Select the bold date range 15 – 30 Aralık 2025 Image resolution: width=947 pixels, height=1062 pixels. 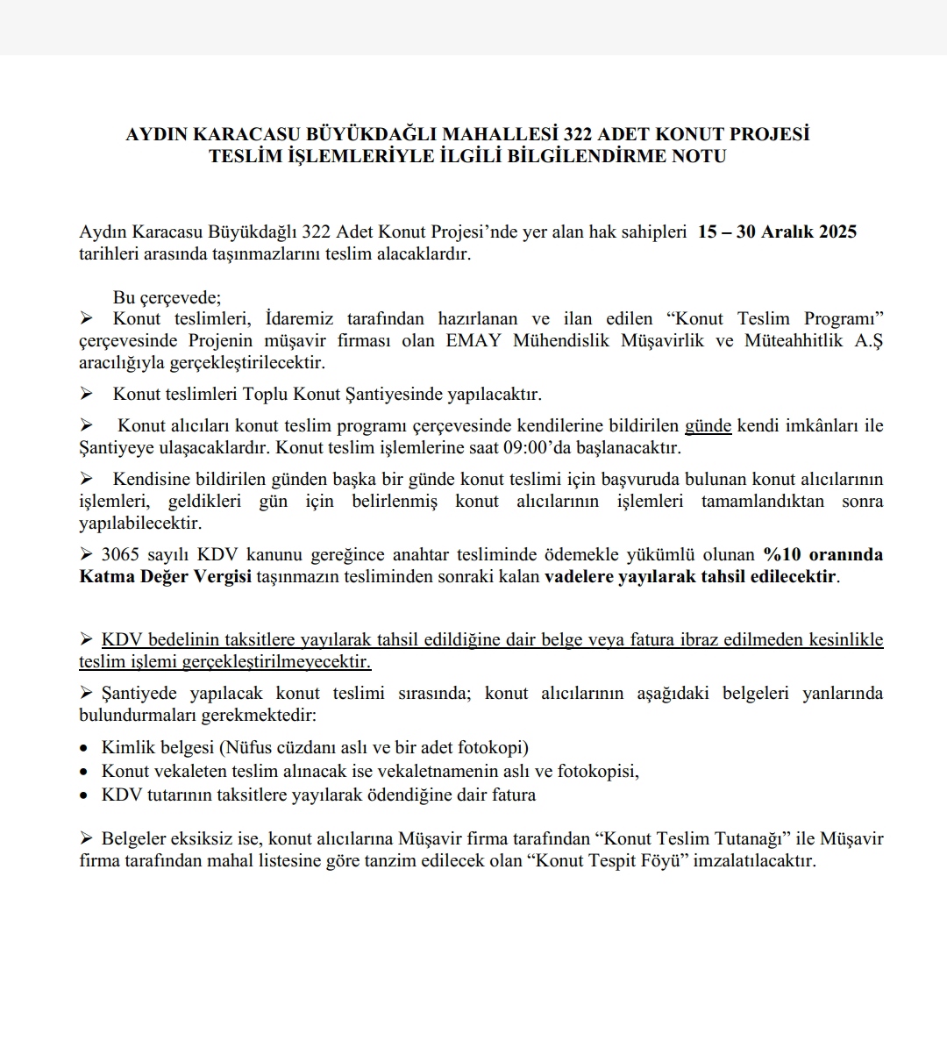[x=777, y=232]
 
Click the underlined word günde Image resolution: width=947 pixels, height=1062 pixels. [x=708, y=426]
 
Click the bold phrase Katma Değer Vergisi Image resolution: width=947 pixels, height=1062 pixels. [x=165, y=577]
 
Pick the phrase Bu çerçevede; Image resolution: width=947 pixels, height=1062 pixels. [x=167, y=297]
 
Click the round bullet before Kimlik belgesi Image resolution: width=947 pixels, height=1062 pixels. [x=83, y=749]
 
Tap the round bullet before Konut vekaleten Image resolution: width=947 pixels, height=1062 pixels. [x=83, y=773]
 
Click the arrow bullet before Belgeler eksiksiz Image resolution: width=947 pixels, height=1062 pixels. [x=86, y=837]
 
